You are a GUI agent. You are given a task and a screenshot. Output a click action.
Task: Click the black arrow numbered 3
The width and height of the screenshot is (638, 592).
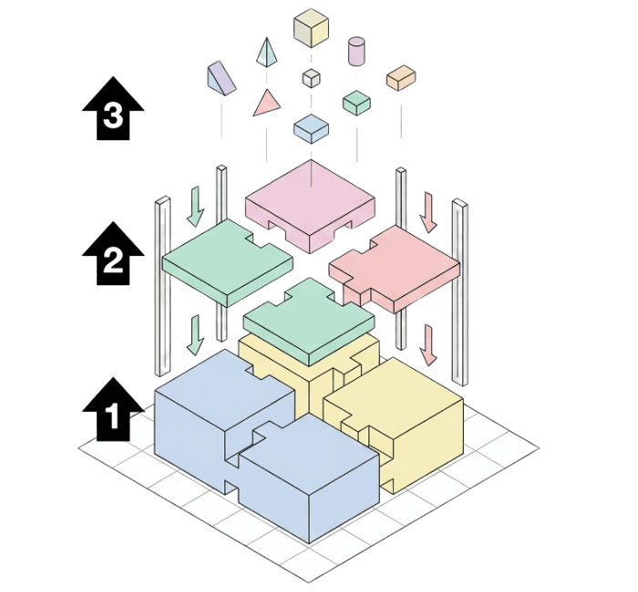(x=114, y=109)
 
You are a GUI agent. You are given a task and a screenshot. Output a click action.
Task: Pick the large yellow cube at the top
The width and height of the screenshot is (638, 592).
(x=311, y=27)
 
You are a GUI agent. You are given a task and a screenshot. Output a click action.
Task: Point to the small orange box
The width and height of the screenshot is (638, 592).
(x=400, y=78)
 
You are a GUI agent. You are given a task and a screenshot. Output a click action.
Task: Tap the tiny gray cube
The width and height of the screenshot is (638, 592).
(x=312, y=77)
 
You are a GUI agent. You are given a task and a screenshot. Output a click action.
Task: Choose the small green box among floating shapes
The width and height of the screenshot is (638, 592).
(x=356, y=103)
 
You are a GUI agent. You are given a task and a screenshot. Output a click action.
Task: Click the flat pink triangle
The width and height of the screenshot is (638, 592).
(x=265, y=102)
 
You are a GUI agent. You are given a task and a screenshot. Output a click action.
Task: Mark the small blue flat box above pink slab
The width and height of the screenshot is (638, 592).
(x=311, y=128)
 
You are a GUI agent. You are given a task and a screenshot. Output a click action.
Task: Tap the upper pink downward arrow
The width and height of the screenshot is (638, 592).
(x=428, y=210)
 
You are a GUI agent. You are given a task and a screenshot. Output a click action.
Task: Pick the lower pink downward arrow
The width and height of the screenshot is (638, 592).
(x=428, y=344)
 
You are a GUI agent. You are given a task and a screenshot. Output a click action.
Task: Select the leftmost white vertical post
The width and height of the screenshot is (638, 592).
(x=162, y=287)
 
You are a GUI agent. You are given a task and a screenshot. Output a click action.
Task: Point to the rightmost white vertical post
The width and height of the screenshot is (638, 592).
(x=460, y=291)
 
